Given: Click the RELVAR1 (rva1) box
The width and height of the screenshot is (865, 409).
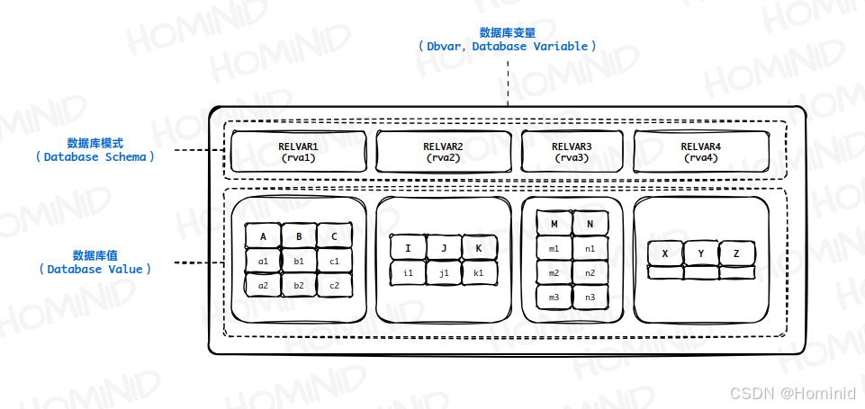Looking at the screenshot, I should coord(298,151).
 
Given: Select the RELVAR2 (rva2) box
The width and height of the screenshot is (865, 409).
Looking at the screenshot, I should coord(443,151).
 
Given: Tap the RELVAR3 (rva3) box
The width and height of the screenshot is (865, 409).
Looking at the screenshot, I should coord(572,151).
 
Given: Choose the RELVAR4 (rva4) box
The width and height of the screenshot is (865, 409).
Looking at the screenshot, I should coord(700,151).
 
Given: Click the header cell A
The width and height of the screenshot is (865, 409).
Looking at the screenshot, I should coord(263,236).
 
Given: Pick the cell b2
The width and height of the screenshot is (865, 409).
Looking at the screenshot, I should coord(299,285).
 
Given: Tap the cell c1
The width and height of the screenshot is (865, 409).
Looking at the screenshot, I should coord(334,261).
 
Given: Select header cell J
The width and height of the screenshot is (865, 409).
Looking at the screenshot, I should coord(443,248).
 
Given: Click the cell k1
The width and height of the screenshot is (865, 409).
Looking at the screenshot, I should coord(479,272).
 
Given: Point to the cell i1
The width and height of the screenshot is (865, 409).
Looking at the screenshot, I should coord(408,272).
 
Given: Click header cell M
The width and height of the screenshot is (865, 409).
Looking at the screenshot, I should coord(554,224).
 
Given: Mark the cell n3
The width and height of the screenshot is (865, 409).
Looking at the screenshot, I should coord(590,297).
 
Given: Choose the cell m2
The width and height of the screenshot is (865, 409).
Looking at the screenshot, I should coord(554,272).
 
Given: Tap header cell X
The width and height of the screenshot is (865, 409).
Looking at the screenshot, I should coord(665,254).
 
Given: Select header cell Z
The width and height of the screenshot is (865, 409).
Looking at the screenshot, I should coord(736,254).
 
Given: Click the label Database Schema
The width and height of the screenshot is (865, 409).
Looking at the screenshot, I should coord(95,156).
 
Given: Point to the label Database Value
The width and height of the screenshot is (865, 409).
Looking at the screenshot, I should coord(95,268).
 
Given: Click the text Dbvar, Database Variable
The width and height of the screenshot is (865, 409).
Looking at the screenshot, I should coord(508,46).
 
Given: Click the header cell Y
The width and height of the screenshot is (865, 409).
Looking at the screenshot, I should coord(700,254).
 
